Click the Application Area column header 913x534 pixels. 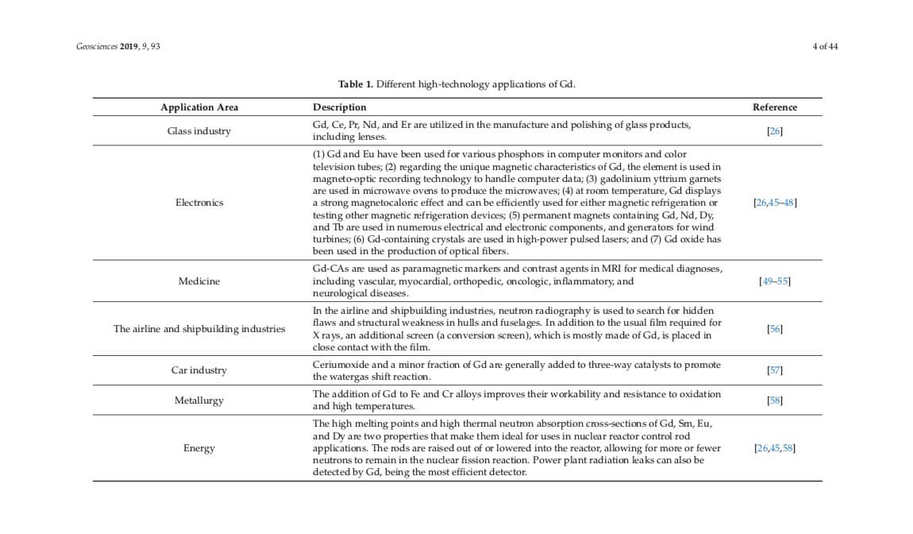pos(199,107)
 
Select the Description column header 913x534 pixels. pos(340,107)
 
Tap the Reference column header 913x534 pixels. pos(775,107)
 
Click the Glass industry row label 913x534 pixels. pos(199,131)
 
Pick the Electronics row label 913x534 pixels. pos(199,203)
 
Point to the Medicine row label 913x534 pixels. pos(199,281)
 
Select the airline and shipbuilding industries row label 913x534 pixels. pos(199,329)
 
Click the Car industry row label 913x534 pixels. pos(199,370)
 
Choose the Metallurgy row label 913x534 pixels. pos(199,400)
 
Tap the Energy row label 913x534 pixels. pos(199,448)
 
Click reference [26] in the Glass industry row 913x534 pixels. pos(775,131)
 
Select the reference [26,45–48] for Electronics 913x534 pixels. pos(775,203)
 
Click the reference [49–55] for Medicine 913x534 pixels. pos(775,281)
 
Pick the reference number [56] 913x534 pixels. pos(775,329)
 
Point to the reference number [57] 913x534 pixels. pos(775,370)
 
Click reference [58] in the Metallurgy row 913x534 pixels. pos(775,400)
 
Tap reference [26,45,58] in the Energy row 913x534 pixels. pos(775,448)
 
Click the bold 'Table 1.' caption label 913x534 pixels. pos(356,84)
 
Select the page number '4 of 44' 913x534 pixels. pos(825,46)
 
